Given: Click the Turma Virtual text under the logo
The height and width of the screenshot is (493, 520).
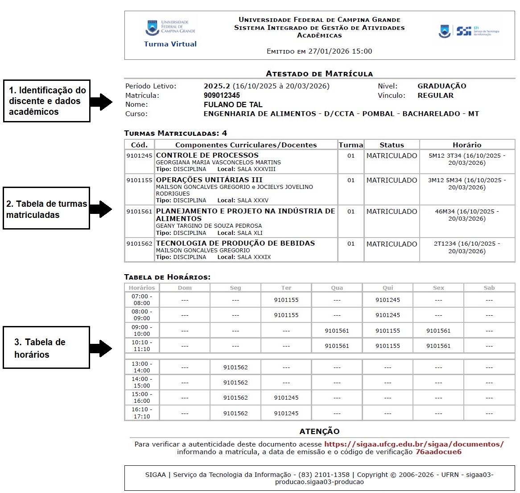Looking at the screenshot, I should coord(170,44).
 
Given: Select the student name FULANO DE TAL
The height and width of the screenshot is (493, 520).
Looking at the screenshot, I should coord(233,104).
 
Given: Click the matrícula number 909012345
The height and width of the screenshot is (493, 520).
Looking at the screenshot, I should coord(222,95).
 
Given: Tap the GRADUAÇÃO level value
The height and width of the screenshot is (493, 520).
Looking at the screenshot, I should coord(442,86).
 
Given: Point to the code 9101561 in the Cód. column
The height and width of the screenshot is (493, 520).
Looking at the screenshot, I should coord(139,211).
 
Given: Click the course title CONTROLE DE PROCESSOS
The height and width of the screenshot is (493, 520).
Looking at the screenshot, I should coord(207,155).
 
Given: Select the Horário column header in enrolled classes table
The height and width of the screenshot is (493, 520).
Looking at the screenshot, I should coord(466,145).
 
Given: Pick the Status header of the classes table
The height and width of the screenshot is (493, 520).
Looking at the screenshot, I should coord(392,145).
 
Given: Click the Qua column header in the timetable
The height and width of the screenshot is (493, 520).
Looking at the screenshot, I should coord(337,288).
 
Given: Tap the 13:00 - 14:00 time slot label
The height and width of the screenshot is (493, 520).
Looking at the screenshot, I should coord(141,367).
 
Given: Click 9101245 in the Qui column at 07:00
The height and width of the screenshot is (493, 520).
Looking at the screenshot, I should coord(388,300).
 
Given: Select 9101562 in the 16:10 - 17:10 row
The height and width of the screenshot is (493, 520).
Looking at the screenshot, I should coord(235,414).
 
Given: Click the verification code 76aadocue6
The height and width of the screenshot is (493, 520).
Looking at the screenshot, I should coord(438,452).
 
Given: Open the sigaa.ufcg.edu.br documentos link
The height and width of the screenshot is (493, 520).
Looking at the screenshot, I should coord(413,444).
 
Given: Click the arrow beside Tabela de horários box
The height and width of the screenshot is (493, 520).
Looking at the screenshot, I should coord(100,348).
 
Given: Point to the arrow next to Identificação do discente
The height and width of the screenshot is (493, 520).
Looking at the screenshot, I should coord(101,101).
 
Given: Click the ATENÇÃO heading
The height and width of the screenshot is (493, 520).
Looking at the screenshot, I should coord(319,431).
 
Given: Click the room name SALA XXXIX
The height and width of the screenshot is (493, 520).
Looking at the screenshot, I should coord(254,257).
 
